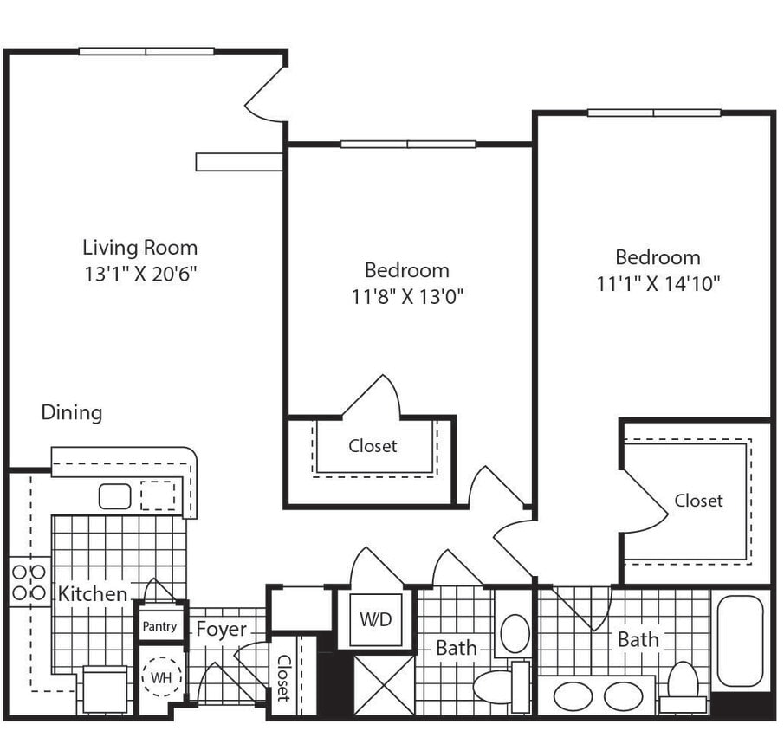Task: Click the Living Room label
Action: [x=139, y=248]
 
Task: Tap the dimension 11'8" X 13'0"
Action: [x=406, y=297]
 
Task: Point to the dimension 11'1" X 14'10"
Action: [x=658, y=283]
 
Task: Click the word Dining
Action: [x=72, y=412]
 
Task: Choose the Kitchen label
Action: [x=93, y=594]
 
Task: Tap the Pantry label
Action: [x=159, y=626]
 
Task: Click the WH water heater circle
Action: [x=161, y=676]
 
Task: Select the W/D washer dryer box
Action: [x=376, y=620]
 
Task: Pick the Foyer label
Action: [x=221, y=630]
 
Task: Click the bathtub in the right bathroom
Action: [x=740, y=641]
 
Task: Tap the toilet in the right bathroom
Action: [x=683, y=684]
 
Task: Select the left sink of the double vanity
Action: [x=573, y=696]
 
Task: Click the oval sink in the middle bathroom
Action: [x=515, y=633]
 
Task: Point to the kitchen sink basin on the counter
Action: [x=114, y=496]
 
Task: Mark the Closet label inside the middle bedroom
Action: [x=373, y=446]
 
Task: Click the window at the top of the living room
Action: [x=146, y=51]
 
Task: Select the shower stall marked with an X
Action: [x=384, y=684]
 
